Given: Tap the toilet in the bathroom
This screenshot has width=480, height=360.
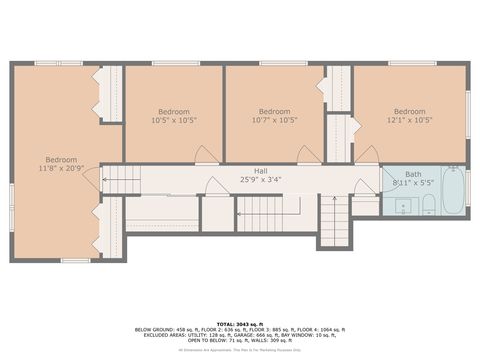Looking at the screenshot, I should point(428,206).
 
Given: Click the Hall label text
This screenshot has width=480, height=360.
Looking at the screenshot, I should point(260,171).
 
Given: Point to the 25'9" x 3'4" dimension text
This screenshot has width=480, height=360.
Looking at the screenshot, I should point(260,180).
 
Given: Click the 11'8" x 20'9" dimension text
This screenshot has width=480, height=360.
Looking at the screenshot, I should point(61,169).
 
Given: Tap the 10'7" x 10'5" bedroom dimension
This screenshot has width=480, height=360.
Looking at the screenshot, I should point(274,120).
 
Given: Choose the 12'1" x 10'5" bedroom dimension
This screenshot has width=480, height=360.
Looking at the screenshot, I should point(409,120).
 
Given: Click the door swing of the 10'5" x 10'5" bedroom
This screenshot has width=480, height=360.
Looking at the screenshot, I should point(207,155).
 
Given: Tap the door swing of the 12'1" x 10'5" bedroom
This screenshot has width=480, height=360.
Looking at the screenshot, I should point(367,155).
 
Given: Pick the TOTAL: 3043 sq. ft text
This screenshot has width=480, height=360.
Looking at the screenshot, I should point(240,324).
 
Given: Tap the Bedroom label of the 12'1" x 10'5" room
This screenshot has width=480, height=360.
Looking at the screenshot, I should point(409,111).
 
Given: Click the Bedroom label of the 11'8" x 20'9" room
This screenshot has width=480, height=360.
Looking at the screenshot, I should point(61,160).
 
